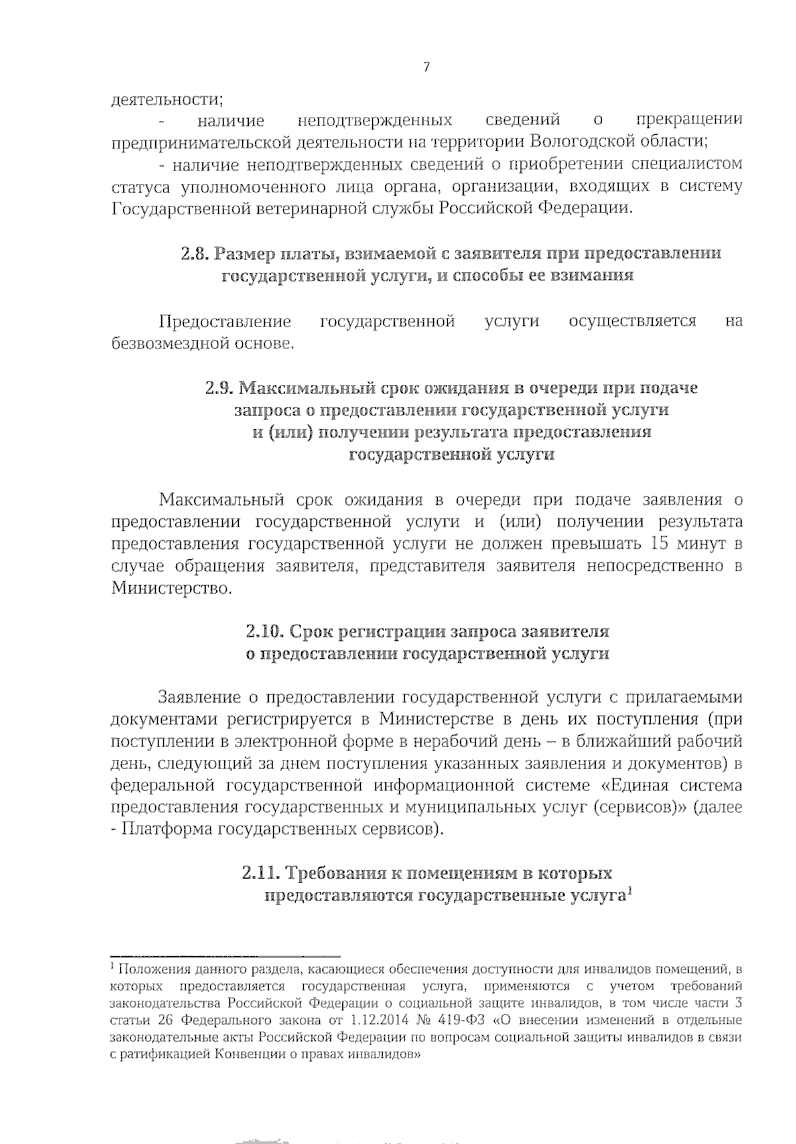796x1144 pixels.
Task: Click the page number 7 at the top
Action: tap(426, 67)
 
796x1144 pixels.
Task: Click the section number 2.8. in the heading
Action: tap(195, 253)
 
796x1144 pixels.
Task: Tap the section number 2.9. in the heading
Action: tap(220, 388)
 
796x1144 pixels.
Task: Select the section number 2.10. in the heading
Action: tap(265, 630)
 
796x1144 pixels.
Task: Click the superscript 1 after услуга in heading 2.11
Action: tap(628, 891)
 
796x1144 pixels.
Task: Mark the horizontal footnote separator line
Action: tap(226, 956)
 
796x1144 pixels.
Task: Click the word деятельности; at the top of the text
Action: tap(166, 100)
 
